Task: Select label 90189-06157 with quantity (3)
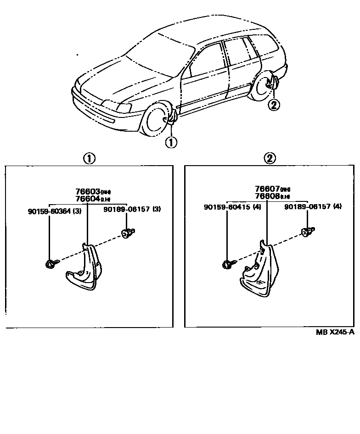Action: [131, 209]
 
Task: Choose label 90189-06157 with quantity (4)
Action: [312, 207]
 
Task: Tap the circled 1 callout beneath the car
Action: [171, 142]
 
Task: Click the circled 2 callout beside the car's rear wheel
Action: [273, 105]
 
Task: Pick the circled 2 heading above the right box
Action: [269, 159]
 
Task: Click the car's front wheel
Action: [155, 121]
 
